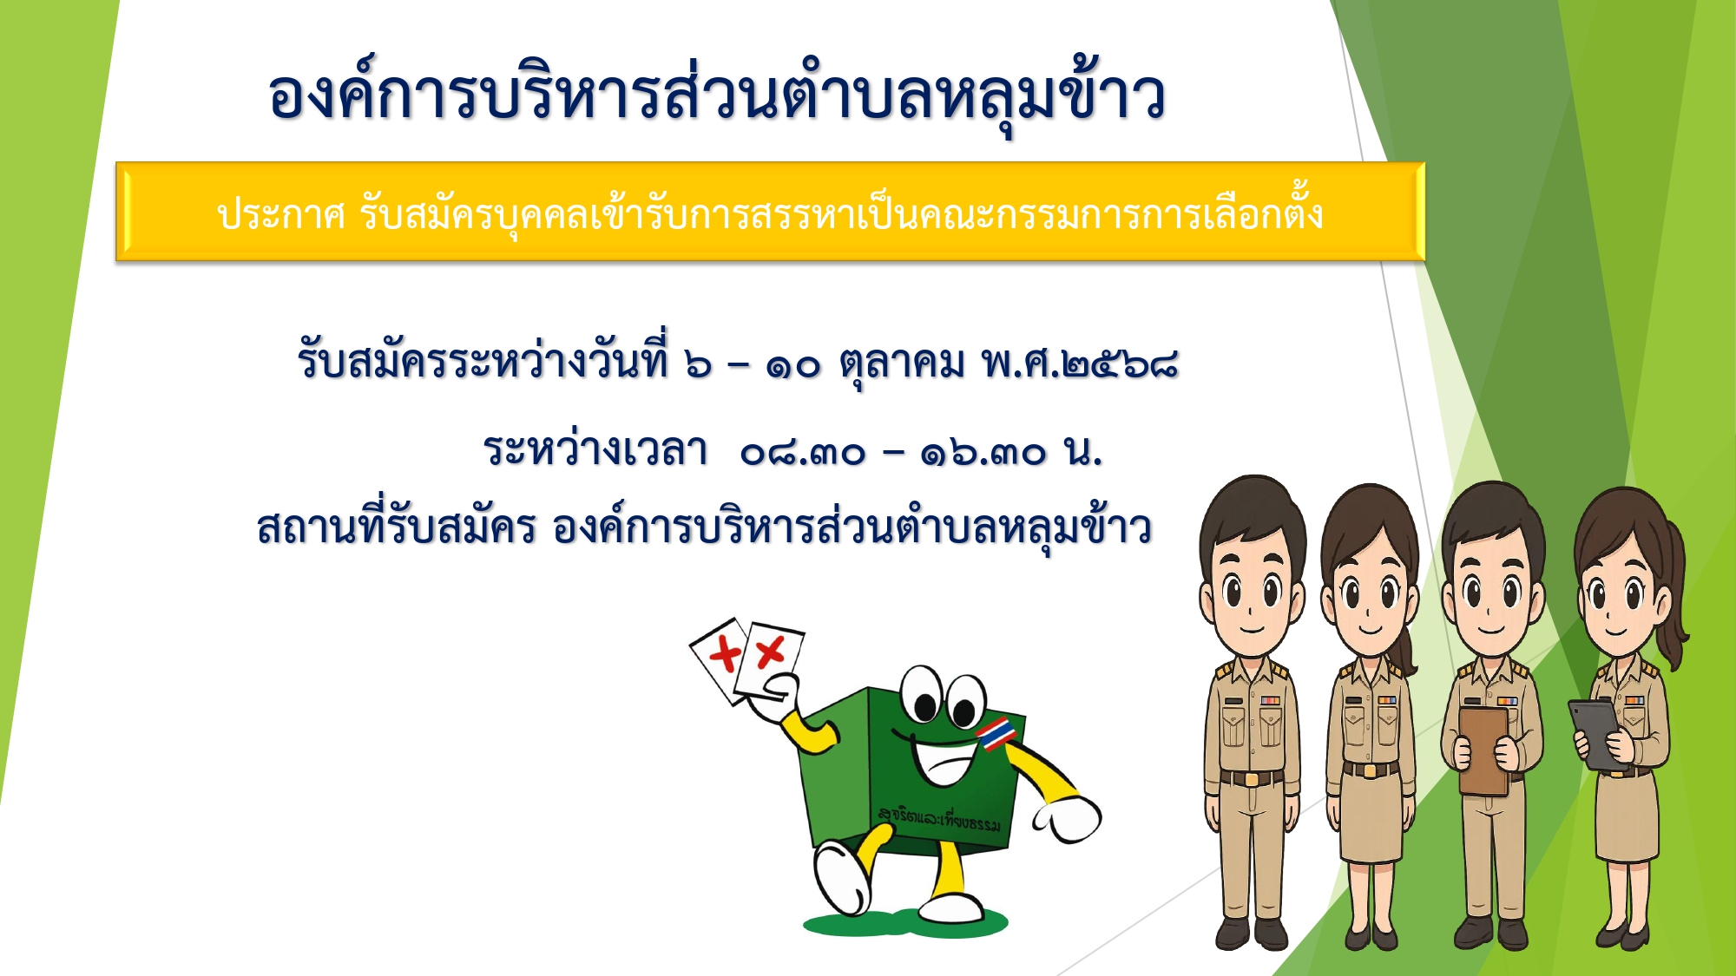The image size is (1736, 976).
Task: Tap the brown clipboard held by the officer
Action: point(1485,751)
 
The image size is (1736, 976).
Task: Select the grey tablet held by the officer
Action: point(1598,734)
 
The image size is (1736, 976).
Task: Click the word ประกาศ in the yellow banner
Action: point(281,213)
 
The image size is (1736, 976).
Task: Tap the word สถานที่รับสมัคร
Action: point(396,524)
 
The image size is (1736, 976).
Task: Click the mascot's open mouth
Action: point(942,763)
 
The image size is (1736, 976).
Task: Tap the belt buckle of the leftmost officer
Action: point(1251,779)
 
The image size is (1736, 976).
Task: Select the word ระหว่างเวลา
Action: point(595,449)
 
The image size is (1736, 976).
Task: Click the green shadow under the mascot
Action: point(907,923)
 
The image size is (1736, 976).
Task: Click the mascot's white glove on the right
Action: point(1068,819)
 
